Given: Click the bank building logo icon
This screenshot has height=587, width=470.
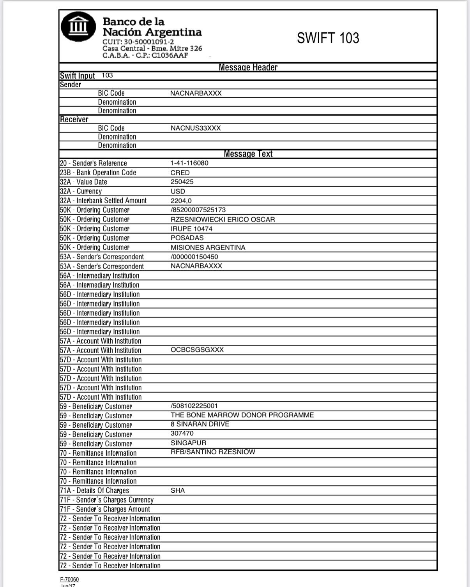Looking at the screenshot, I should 78,27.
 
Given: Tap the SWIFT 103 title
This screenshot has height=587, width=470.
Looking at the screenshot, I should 328,38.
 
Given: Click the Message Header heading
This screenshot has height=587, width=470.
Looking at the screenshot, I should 248,67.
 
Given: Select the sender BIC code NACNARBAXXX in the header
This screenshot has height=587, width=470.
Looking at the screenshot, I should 196,93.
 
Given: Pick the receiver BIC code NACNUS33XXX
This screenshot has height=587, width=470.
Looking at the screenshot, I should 196,128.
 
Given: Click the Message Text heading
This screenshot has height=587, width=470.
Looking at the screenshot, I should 248,154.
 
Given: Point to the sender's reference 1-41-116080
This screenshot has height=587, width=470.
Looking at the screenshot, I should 189,163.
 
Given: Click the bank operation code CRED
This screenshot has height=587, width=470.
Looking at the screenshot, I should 180,173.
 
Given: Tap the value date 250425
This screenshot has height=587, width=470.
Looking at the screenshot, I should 182,182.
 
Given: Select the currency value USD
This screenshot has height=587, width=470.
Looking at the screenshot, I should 178,191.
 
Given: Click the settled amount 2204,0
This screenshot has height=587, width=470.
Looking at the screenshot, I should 181,201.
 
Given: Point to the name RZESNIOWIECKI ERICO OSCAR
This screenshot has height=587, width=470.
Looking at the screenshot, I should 223,219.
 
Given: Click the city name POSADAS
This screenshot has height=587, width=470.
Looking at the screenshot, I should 187,238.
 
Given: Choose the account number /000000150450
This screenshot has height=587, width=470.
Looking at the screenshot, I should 194,257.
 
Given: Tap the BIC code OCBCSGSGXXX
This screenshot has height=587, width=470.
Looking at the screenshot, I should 197,350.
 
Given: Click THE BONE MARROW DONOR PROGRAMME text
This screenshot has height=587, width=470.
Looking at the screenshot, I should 242,415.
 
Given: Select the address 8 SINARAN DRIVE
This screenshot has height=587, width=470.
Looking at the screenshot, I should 200,424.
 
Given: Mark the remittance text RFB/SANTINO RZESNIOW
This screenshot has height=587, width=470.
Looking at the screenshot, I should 213,452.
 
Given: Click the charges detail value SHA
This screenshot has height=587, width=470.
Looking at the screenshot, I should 178,490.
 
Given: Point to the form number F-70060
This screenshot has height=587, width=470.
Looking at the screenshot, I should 69,580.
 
